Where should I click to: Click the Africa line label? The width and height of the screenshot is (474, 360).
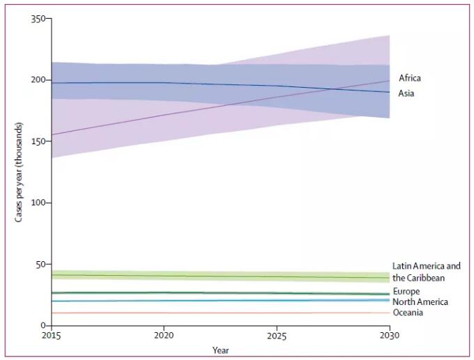click(410, 79)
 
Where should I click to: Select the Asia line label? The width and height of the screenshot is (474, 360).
click(406, 93)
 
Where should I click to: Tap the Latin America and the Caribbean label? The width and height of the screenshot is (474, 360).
click(426, 272)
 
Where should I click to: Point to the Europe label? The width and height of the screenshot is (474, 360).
click(406, 291)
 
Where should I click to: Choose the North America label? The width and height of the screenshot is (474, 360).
click(420, 302)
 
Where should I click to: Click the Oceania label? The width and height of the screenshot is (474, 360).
click(408, 313)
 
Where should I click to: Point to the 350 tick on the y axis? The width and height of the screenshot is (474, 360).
click(38, 18)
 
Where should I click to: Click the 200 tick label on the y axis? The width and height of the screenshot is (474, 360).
click(38, 80)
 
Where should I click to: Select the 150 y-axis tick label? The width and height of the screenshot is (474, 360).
click(38, 141)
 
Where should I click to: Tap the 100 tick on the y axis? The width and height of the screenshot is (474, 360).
click(38, 203)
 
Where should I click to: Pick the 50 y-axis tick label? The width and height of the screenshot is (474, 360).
click(40, 264)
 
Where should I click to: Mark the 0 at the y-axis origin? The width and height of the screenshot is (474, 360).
click(43, 325)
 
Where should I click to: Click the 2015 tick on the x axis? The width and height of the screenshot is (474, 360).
click(52, 335)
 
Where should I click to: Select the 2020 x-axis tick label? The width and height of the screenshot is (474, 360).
click(164, 335)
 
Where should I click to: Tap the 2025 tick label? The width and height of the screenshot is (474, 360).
click(276, 335)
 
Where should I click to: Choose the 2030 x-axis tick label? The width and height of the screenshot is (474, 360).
click(389, 335)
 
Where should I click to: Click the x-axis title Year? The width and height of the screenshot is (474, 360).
click(220, 350)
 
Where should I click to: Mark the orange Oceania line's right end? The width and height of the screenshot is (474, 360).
click(388, 313)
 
